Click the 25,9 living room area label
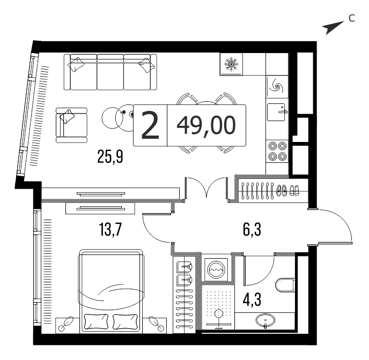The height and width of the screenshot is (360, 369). pos(110,157)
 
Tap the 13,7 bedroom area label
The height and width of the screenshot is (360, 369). pos(110,230)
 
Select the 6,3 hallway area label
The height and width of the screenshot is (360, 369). pos(252,230)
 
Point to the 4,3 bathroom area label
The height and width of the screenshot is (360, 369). pos(252,299)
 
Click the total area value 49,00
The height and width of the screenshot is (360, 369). pos(206,125)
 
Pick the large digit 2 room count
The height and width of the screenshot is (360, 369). pos(150,125)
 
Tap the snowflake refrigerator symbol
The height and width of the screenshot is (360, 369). pos(231,64)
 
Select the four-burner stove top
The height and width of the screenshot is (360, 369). pos(277,151)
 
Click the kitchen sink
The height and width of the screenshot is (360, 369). pos(277,112)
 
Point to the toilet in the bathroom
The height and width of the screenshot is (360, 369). pos(285,286)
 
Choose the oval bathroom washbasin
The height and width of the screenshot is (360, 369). pos(265,320)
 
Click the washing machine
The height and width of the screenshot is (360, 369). pos(216,269)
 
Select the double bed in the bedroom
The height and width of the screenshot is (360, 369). pos(111,291)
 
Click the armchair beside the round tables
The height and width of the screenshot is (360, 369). pos(71,125)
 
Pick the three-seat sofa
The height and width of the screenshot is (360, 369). pos(110,72)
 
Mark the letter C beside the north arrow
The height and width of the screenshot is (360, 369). pos(352,18)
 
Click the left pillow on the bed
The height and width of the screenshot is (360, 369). pos(96,322)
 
